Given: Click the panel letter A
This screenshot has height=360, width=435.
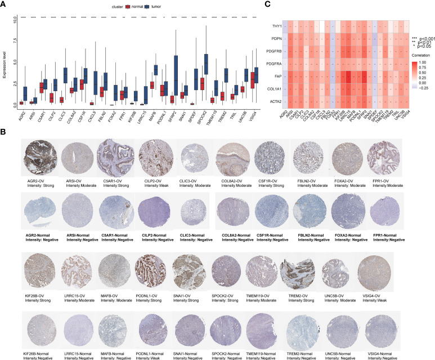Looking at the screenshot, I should click(x=4, y=5).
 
